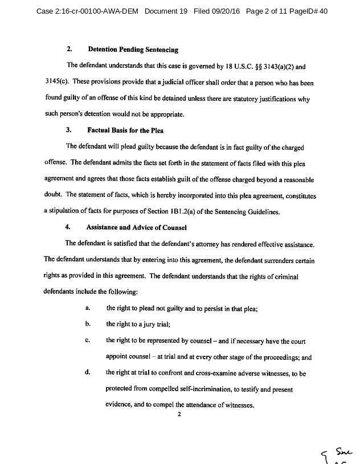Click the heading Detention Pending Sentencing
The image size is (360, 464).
133,50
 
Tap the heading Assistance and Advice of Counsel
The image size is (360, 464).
136,227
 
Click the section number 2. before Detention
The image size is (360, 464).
69,50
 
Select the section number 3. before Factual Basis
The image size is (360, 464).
69,130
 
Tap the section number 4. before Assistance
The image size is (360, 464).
68,227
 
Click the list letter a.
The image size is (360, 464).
87,308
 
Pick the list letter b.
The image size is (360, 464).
88,324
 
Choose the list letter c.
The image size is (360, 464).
88,341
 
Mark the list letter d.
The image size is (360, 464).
88,373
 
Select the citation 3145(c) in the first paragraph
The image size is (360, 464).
59,82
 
